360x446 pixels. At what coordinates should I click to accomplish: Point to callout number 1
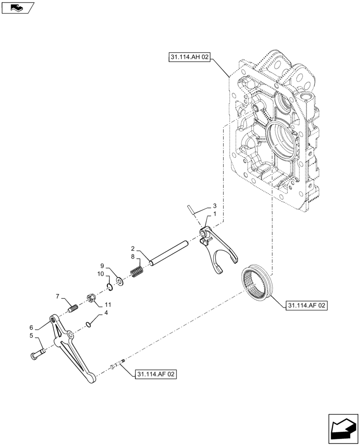click(215, 214)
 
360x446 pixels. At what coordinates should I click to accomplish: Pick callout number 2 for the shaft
click(133, 248)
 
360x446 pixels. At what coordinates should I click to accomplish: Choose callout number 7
click(57, 296)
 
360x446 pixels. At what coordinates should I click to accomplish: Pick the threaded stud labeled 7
click(73, 308)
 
